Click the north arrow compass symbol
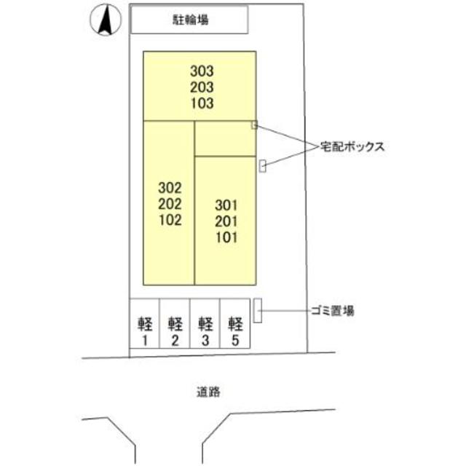[104, 20]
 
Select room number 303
[202, 71]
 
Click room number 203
[202, 87]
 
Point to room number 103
[202, 103]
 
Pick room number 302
[168, 187]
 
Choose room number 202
[168, 203]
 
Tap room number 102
[168, 219]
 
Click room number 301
[226, 205]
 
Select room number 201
[226, 221]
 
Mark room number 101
[226, 237]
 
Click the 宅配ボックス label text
[352, 146]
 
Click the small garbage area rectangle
[257, 311]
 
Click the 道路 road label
[208, 392]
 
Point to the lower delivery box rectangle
[263, 166]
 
